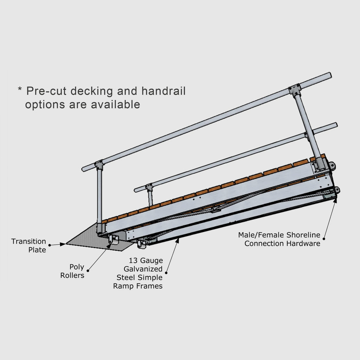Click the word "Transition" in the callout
[28, 242]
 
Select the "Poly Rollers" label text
[72, 271]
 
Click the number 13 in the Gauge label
[133, 261]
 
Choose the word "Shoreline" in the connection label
[303, 235]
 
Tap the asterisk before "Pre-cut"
[20, 90]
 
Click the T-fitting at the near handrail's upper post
[294, 91]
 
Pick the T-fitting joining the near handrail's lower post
[99, 165]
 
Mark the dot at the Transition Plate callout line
[50, 245]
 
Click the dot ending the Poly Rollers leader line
[88, 270]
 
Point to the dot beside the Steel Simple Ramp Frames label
[166, 272]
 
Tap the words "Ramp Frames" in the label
[137, 286]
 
